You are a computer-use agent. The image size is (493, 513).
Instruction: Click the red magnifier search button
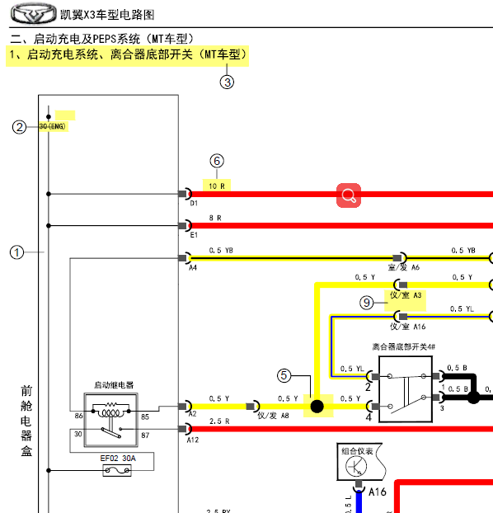tap(349, 195)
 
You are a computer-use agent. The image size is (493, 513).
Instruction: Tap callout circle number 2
tap(19, 126)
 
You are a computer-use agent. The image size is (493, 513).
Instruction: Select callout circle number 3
tap(227, 81)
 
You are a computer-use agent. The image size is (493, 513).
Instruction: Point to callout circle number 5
tap(284, 375)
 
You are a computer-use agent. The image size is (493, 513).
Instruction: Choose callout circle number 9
tap(367, 303)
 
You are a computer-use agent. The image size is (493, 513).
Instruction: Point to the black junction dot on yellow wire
tap(316, 406)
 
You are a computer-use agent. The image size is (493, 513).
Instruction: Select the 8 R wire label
tap(216, 218)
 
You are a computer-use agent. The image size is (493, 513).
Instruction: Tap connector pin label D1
tap(194, 202)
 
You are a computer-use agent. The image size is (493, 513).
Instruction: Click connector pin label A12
tap(193, 440)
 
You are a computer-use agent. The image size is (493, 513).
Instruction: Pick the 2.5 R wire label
tap(218, 421)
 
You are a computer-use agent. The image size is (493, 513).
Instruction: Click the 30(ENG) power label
tap(52, 126)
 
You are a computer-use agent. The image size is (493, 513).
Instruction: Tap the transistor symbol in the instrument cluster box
tap(357, 468)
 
